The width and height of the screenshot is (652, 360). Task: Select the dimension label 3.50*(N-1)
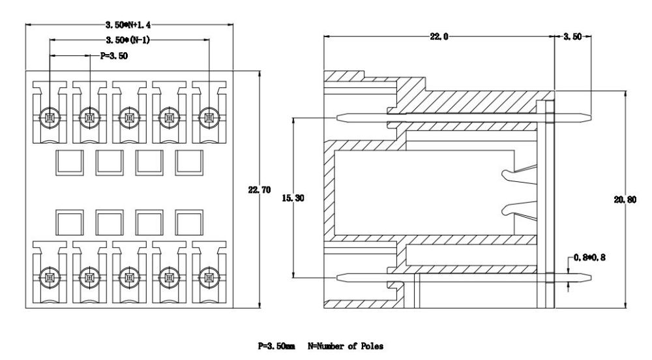(x=128, y=40)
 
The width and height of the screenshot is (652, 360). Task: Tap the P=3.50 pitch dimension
(x=114, y=56)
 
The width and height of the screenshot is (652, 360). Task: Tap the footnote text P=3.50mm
(x=276, y=346)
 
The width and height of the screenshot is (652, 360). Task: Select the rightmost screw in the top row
(x=209, y=118)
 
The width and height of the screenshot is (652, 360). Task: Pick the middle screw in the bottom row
(x=129, y=277)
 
